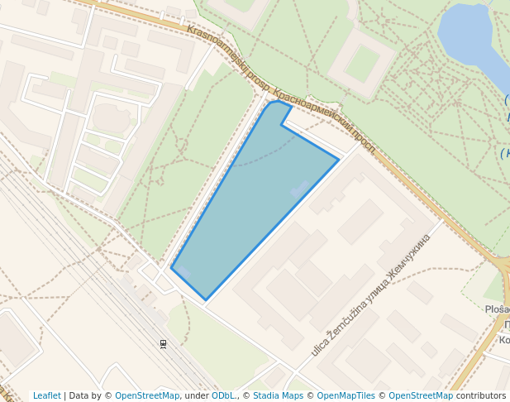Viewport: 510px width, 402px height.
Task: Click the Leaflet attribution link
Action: click(46, 395)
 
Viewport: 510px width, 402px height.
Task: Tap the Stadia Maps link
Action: click(278, 395)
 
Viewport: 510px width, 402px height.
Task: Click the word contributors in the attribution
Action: click(481, 395)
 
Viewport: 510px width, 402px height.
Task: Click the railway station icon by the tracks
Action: click(163, 342)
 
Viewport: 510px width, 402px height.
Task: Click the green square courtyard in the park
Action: click(362, 63)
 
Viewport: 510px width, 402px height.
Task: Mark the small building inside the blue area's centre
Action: click(299, 189)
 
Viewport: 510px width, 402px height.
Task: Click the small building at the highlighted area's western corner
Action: click(183, 272)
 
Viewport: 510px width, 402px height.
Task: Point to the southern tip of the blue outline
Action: click(206, 299)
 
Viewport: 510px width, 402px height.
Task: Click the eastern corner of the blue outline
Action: click(338, 159)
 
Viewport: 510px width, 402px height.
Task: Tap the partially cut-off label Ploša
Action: click(498, 309)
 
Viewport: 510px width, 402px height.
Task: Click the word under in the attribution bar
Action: click(196, 395)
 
